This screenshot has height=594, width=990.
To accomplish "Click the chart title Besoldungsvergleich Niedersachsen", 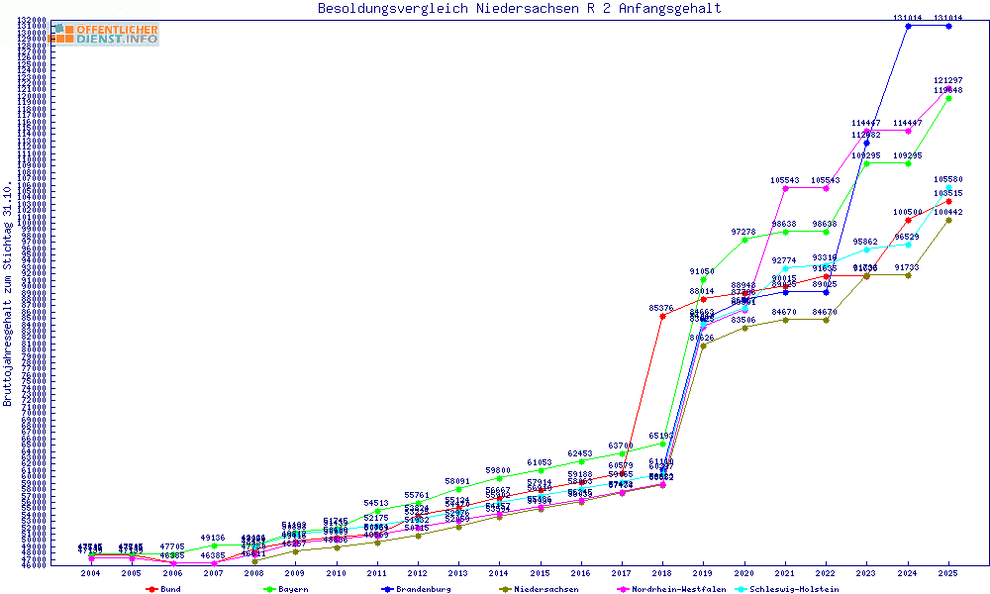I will pos(519,9).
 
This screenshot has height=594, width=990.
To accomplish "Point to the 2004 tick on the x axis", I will pos(90,573).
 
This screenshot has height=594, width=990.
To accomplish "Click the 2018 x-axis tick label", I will pos(662,573).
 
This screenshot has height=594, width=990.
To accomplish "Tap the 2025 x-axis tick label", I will pos(948,573).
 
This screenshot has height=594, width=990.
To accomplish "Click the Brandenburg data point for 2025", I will pos(948,26).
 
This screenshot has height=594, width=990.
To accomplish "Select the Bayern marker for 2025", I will pos(948,98).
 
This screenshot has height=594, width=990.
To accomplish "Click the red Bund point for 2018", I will pos(662,317).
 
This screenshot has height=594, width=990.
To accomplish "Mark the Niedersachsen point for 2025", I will pos(948,220).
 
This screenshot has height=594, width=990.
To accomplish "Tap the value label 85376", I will pos(661,308).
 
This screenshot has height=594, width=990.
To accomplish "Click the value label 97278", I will pos(744,231).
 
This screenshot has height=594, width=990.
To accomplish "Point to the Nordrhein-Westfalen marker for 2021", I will pos(785,188).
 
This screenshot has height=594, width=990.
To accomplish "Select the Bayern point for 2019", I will pos(703,279).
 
